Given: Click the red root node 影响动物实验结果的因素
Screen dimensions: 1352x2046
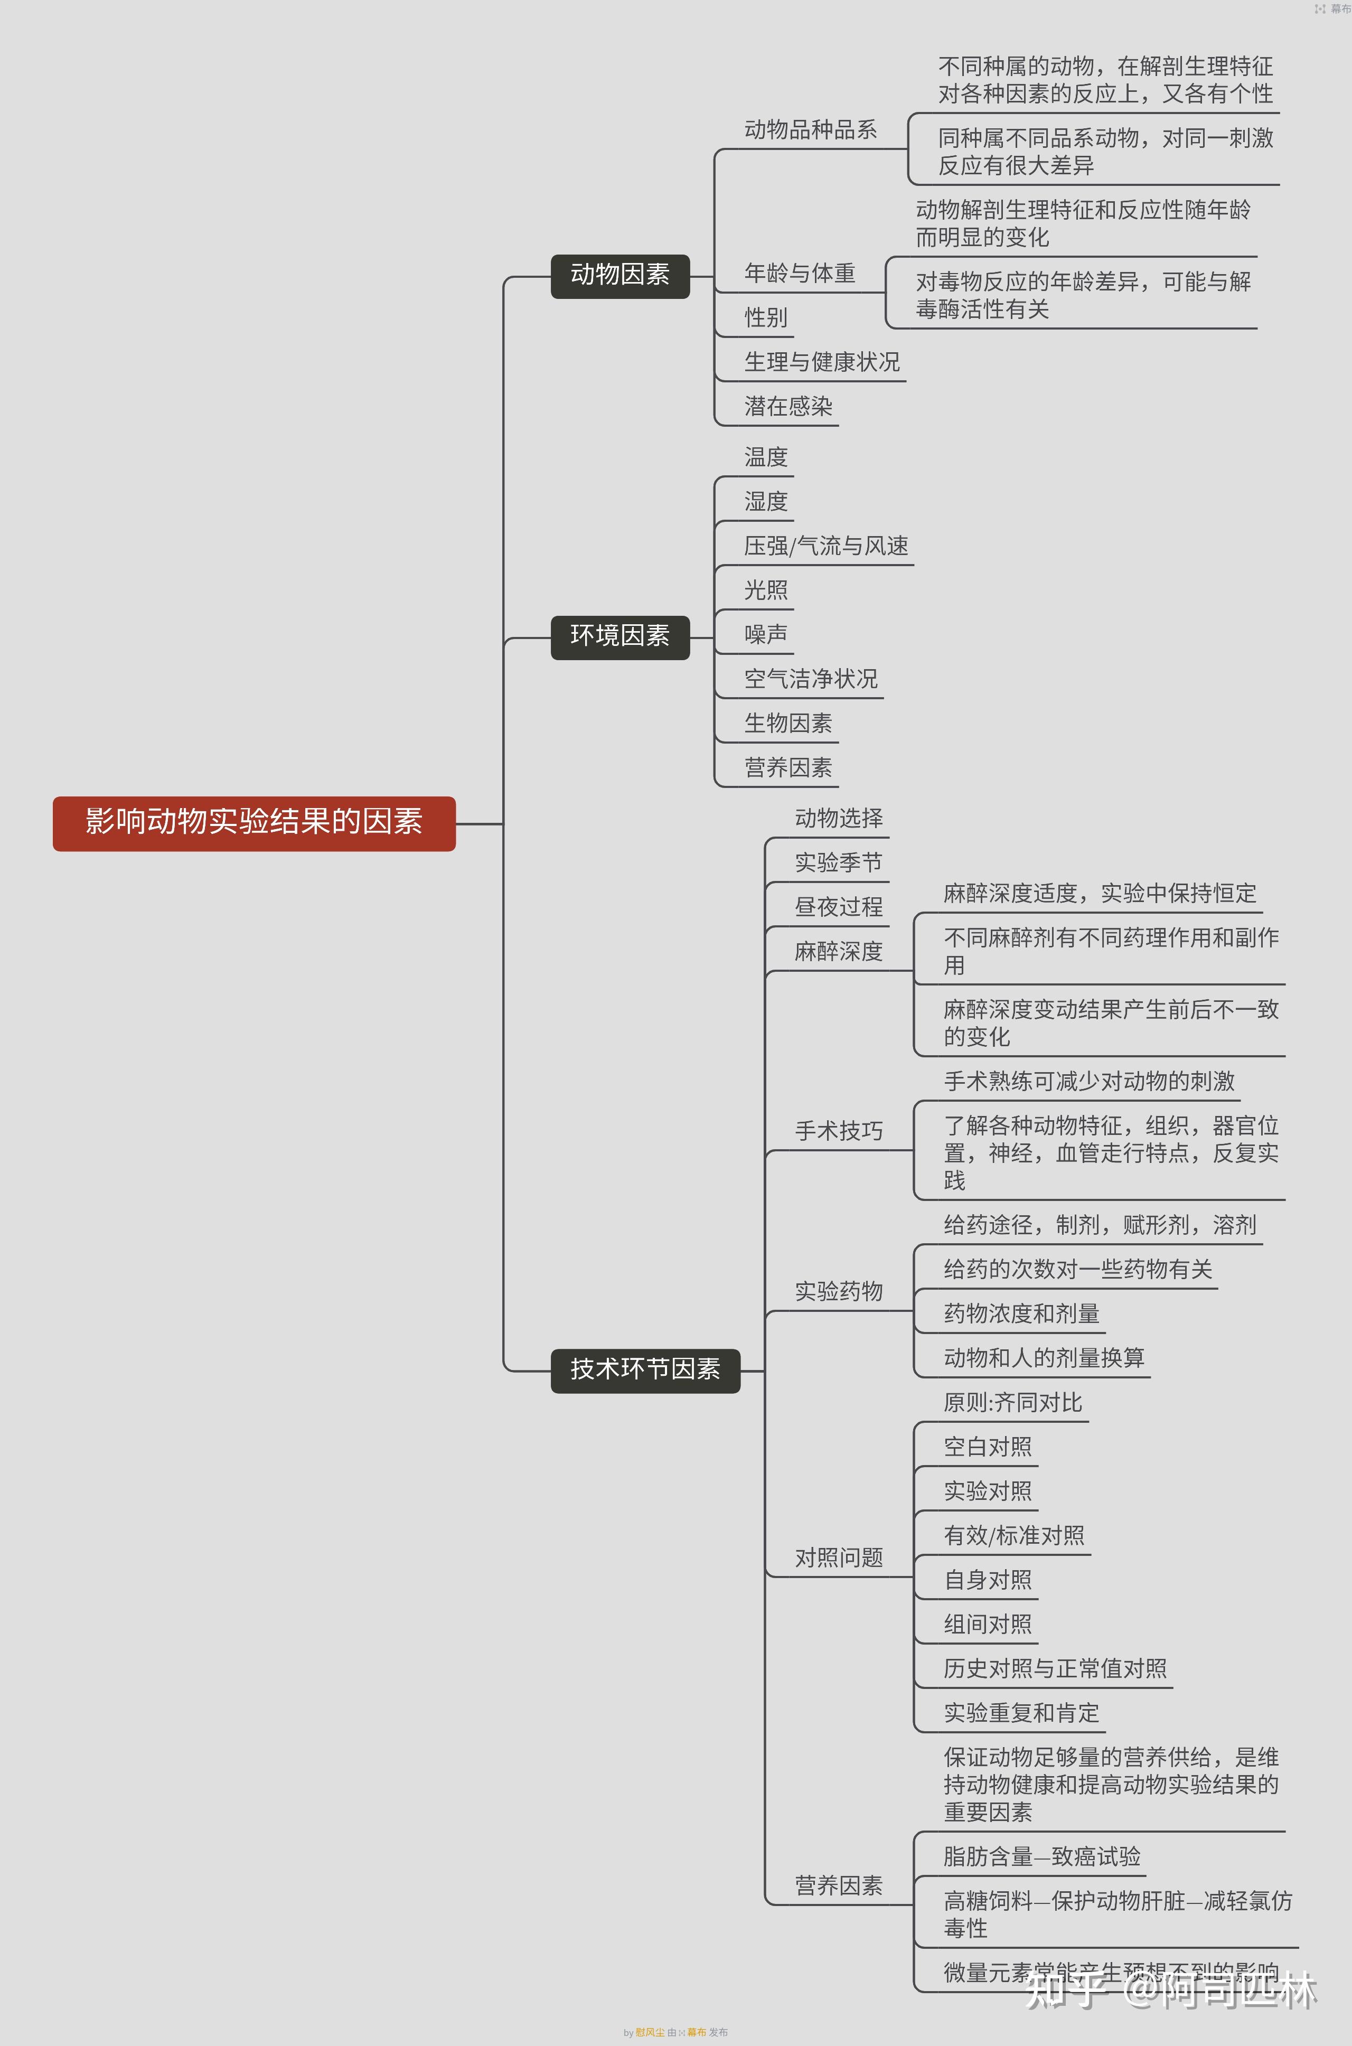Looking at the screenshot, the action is click(x=253, y=822).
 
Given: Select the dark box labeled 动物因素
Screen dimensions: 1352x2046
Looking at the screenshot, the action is click(x=620, y=276).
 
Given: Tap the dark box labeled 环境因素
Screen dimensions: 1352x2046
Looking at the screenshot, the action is click(x=620, y=637).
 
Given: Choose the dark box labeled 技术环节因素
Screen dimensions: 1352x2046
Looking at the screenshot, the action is click(x=645, y=1370).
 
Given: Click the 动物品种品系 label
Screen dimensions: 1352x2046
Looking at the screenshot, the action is click(x=811, y=130).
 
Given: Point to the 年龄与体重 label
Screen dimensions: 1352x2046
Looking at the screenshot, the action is click(x=799, y=274).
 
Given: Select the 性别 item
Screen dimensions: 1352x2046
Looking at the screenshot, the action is click(x=766, y=318).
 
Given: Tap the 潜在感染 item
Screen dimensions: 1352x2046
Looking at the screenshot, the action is click(x=788, y=407).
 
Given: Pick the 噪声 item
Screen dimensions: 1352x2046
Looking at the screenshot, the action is click(x=766, y=635).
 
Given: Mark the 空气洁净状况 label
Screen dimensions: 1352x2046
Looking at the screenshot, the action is click(x=811, y=679).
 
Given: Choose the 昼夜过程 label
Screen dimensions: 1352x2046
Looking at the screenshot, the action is click(x=838, y=907).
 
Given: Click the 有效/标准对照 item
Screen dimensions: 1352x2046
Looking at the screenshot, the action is click(x=1014, y=1536).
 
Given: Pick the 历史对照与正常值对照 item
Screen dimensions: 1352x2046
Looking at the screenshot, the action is click(x=1055, y=1669).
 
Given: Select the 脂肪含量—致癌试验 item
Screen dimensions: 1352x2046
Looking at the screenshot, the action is click(x=1041, y=1857).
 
